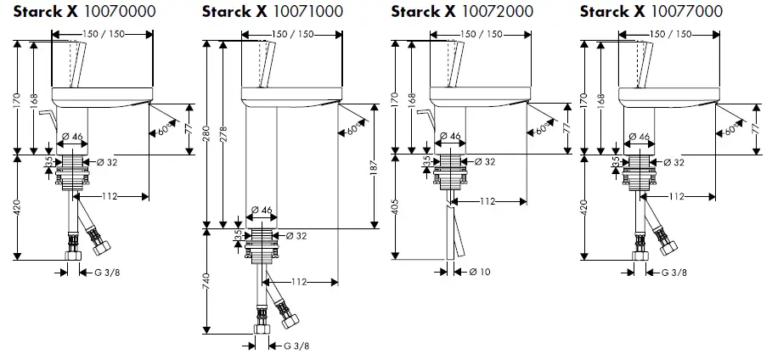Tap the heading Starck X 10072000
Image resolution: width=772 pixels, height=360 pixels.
click(x=461, y=11)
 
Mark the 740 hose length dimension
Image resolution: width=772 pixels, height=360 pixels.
click(x=207, y=280)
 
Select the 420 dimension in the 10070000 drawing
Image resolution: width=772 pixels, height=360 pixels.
click(x=18, y=206)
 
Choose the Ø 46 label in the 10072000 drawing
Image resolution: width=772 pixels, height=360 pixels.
click(x=448, y=136)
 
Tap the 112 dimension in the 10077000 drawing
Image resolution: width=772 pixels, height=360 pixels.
click(x=675, y=197)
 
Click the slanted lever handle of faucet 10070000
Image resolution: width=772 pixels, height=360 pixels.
click(x=78, y=64)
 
